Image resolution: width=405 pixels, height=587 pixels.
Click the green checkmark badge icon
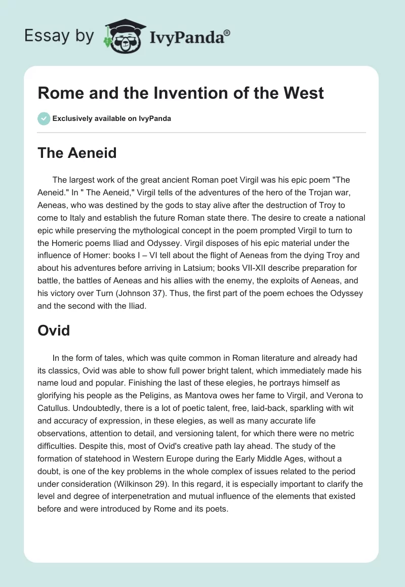point(44,118)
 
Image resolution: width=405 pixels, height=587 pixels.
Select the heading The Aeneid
point(77,152)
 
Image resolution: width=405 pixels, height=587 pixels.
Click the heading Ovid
point(54,330)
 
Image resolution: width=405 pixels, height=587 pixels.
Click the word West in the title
point(303,93)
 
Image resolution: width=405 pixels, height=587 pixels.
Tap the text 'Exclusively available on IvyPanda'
point(111,118)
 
